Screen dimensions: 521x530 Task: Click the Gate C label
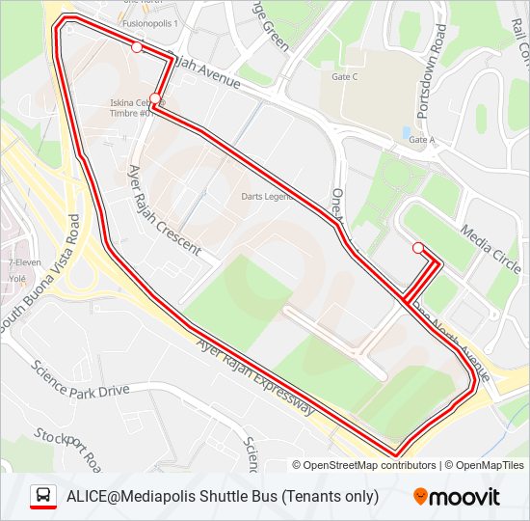coord(344,77)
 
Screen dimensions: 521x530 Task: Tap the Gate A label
coord(422,140)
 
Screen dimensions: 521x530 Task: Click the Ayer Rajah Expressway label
coord(255,377)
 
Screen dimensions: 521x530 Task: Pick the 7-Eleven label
coord(23,261)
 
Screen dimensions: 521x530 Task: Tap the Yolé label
coord(17,275)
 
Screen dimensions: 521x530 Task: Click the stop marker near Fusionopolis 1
coord(137,46)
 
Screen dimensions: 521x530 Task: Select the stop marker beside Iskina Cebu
coord(154,98)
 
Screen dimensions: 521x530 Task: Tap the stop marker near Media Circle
coord(418,248)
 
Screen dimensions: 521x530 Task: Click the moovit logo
coord(457,497)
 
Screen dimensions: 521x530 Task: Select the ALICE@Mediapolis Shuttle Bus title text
coord(223,497)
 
